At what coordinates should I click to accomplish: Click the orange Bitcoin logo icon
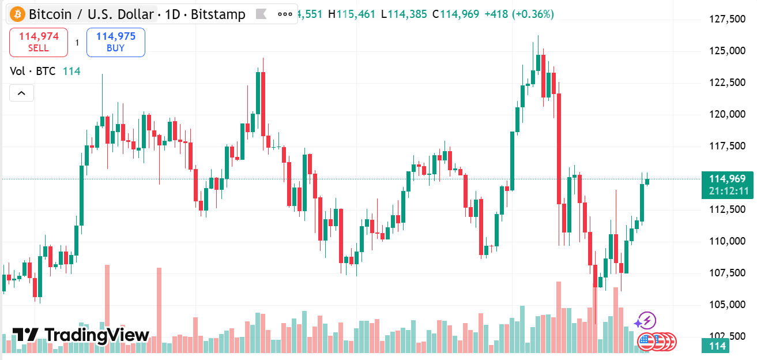pos(17,14)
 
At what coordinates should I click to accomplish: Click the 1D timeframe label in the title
pos(172,14)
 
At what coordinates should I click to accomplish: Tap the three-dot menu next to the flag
pos(285,14)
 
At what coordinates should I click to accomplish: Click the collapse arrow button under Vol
pos(21,92)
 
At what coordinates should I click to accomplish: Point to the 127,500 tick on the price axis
pos(726,20)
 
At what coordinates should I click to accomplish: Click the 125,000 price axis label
pos(726,51)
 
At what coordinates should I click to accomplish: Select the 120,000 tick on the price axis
pos(726,114)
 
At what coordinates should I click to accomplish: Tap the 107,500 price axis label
pos(726,272)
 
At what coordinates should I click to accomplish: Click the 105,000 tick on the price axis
pos(726,304)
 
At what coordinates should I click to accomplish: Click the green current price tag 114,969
pos(727,179)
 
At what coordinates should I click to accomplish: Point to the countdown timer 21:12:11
pos(727,192)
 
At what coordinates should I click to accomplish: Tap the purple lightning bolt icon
pos(646,321)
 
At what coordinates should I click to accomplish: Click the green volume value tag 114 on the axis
pos(715,346)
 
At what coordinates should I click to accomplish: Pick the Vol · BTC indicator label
pos(33,71)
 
